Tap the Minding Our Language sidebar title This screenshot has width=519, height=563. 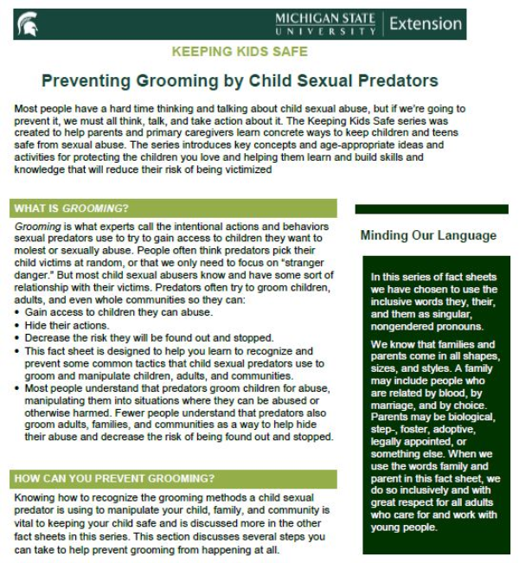click(428, 235)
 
